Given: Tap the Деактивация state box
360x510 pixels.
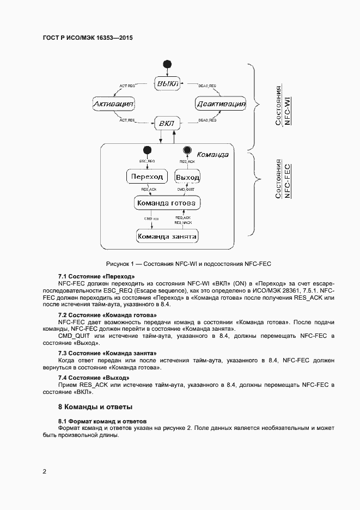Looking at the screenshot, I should coord(221,104).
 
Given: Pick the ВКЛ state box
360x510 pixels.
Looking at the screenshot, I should coord(166,124).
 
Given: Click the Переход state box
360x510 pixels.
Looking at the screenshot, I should coord(147,177).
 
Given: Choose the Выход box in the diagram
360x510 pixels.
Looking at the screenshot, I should coord(187,177).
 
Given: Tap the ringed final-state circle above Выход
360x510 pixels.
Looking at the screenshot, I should coord(187,151).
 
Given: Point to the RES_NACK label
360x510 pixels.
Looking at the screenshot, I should coord(183,222).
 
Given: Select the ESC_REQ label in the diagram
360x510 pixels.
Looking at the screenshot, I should coord(147,162).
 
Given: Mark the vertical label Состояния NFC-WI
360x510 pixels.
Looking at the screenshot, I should coord(282,105).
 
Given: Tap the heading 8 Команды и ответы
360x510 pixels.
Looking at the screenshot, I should coord(95,407).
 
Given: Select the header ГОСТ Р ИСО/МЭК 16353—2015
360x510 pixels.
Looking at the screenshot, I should coord(88,39).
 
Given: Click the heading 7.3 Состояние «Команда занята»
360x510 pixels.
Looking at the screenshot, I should coord(107,353).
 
